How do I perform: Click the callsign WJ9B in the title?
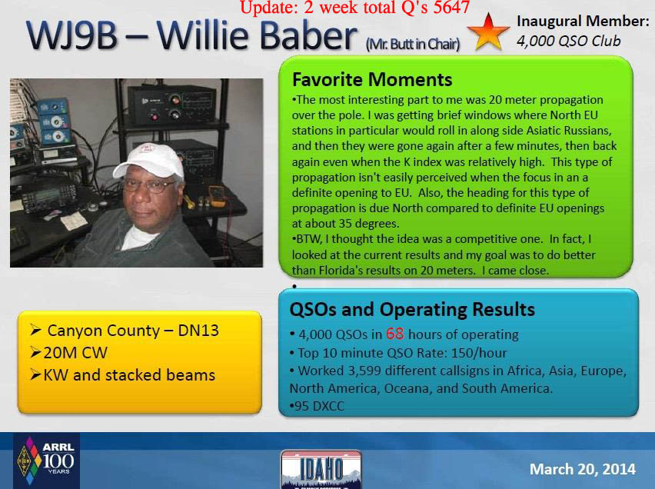click(71, 35)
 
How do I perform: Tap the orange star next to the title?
click(488, 32)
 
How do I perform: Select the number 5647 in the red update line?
click(451, 7)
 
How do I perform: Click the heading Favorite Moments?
click(372, 79)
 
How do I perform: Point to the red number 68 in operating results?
click(394, 334)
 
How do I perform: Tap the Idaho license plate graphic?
click(321, 469)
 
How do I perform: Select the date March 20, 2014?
click(582, 469)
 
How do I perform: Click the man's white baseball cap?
click(150, 160)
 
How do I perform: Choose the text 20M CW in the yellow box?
click(75, 353)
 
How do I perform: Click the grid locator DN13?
click(198, 331)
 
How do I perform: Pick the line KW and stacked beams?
click(129, 375)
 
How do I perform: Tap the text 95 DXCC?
click(319, 406)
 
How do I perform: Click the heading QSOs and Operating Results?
click(412, 310)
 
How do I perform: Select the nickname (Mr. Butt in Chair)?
click(413, 44)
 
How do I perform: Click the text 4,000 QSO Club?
click(569, 41)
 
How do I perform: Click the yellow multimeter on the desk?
click(218, 196)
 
